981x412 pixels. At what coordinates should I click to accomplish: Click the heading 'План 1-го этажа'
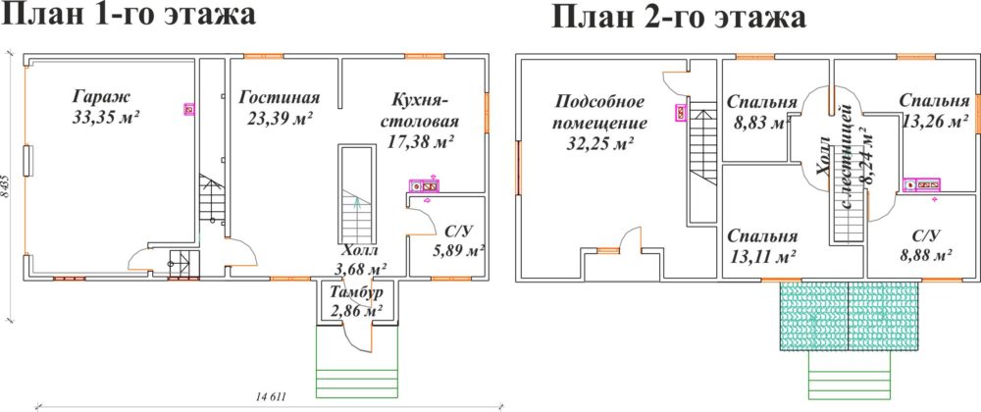point(129,16)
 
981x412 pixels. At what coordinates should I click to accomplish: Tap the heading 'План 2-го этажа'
point(679,18)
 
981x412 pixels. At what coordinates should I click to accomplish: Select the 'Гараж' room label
point(100,97)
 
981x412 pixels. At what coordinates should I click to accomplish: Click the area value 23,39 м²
point(277,118)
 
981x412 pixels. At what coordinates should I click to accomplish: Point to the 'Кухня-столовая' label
point(421,110)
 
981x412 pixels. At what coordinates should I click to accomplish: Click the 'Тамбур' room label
point(357,293)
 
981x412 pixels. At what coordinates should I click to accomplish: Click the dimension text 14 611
point(271,396)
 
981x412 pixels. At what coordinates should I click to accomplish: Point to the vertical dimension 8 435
point(6,186)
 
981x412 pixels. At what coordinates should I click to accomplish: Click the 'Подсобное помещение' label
point(601,111)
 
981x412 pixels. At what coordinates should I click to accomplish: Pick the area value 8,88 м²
point(925,254)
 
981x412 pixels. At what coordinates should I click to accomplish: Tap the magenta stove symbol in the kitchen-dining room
point(424,185)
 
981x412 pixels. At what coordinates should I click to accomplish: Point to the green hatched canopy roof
point(849,316)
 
